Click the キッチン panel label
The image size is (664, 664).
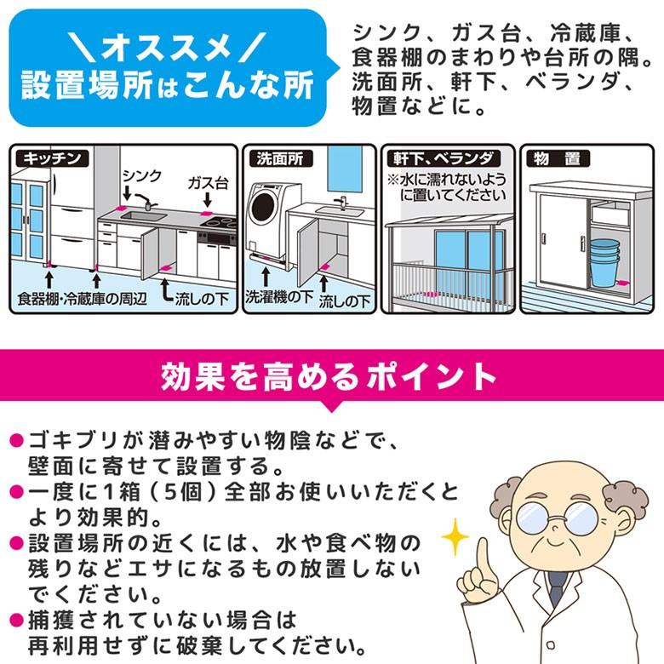pos(53,157)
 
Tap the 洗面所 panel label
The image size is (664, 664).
pos(278,157)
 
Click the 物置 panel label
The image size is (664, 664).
pos(558,157)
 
